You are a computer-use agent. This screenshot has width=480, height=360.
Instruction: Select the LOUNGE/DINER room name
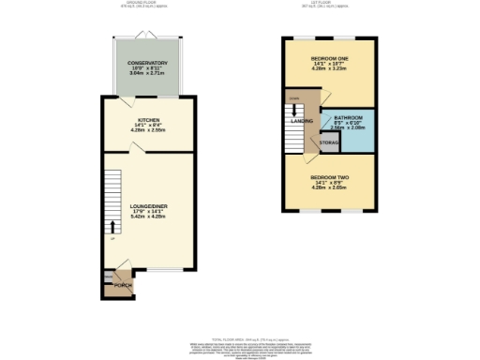click(147, 202)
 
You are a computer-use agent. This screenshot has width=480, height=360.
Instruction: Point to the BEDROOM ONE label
click(328, 58)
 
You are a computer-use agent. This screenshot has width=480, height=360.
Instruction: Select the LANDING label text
click(302, 120)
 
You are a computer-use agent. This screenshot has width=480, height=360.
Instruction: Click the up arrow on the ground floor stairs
click(112, 227)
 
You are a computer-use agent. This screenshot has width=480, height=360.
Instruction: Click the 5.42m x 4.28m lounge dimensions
click(147, 215)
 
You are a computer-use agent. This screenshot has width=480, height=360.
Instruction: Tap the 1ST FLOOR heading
click(328, 4)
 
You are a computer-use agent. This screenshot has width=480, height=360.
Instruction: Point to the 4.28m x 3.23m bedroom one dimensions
click(328, 69)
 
